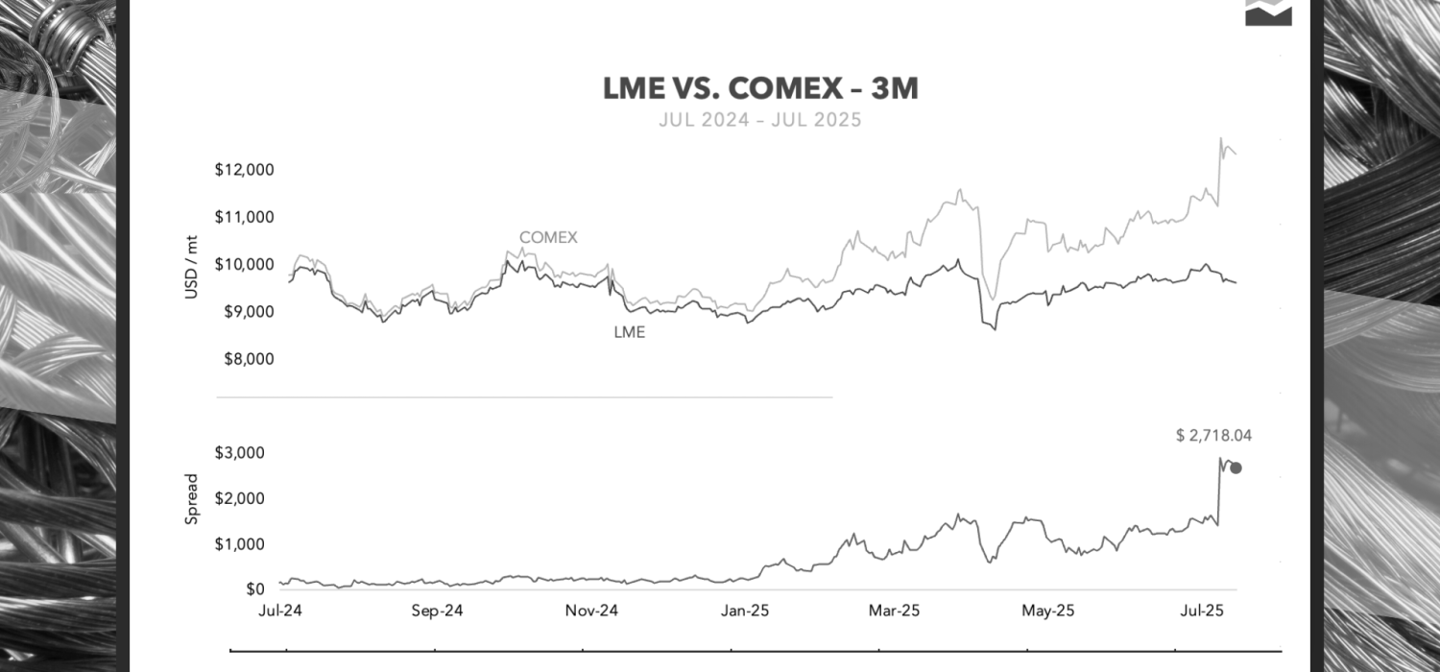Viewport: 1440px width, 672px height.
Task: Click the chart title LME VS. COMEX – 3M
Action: (760, 89)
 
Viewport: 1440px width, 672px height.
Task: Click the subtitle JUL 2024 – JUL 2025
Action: (760, 121)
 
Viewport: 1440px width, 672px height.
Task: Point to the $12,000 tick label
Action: (244, 170)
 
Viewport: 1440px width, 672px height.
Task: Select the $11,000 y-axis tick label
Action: (244, 217)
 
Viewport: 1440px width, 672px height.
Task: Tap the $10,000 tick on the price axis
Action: (244, 264)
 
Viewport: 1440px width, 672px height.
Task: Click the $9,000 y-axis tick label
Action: (247, 312)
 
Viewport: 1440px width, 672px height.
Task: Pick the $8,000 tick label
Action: (247, 359)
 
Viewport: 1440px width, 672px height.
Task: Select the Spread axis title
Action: (191, 498)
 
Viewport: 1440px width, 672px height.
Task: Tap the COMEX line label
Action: (548, 237)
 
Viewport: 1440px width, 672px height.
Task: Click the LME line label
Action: (629, 333)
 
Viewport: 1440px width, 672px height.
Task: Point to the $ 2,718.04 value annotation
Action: (1213, 435)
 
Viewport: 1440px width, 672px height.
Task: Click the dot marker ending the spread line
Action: (1236, 468)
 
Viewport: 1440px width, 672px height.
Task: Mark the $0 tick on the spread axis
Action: (255, 589)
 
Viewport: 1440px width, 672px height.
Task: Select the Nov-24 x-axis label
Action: (591, 611)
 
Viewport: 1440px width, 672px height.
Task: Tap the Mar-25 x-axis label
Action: (895, 611)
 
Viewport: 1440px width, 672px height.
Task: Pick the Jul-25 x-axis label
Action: (1200, 611)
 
